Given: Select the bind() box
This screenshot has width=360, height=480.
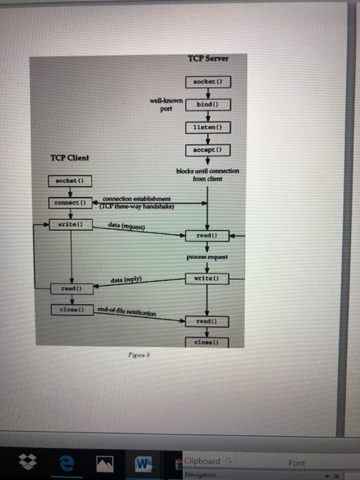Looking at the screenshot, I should coord(207,104).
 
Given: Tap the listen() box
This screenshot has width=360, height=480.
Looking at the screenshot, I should coord(207,128).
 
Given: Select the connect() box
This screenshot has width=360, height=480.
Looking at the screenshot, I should coord(70,203).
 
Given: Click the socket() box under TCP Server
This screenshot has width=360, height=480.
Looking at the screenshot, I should coord(207,82).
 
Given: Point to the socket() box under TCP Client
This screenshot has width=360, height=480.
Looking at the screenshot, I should coord(70,180).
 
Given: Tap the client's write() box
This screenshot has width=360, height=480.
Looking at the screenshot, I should coord(70,224).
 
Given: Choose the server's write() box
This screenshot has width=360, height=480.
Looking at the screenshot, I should coord(207,278).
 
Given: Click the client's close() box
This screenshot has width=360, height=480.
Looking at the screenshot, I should coord(70,310).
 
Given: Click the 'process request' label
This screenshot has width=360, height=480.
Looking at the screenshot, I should coord(207,259).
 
